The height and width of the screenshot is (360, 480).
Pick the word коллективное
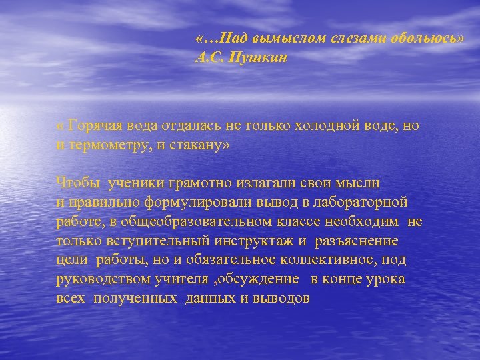(x=329, y=260)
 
